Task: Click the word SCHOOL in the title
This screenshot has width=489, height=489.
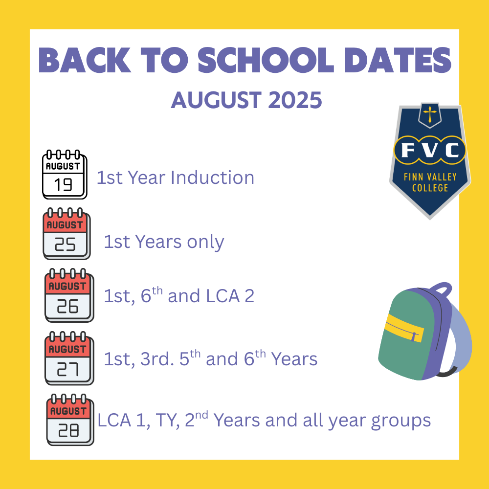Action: point(266,60)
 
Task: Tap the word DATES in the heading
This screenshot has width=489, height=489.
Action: point(398,60)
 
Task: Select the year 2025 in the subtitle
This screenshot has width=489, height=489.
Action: point(295,100)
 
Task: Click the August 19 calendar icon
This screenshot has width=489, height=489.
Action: point(65,175)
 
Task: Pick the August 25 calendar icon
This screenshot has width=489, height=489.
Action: point(67,234)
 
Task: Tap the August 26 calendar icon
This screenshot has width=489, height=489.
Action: point(69,295)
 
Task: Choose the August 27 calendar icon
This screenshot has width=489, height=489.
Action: point(69,358)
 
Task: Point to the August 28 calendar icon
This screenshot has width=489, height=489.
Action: point(70,420)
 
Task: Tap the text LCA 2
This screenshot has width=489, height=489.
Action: point(230,296)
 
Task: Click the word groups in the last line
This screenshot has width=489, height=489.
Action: point(401,421)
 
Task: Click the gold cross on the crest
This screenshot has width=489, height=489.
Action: point(430,114)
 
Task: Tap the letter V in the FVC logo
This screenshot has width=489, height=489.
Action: point(430,150)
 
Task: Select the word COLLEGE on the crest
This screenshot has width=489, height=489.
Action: point(430,188)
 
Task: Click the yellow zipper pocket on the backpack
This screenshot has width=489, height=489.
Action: point(404,328)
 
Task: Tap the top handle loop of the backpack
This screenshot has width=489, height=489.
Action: point(441,289)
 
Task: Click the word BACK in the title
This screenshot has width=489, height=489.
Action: point(85,60)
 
